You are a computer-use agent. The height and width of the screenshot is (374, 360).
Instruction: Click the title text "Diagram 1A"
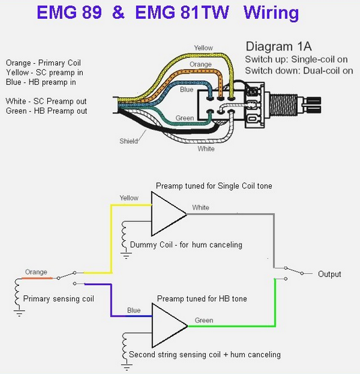(279, 46)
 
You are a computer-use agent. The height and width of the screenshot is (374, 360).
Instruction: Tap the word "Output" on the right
(329, 274)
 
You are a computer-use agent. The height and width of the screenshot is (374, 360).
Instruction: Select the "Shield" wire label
(129, 141)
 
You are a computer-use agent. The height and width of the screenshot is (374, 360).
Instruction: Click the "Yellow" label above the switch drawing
(203, 48)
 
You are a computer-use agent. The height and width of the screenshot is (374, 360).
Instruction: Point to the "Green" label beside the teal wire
(184, 118)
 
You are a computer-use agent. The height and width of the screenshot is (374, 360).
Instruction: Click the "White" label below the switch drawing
(206, 149)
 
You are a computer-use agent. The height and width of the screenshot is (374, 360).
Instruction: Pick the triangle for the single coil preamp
(169, 214)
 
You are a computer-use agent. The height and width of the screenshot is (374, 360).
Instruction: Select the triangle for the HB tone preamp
(169, 326)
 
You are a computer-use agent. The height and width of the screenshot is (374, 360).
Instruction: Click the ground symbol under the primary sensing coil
(19, 313)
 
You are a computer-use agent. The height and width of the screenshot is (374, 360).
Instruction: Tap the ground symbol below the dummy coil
(126, 256)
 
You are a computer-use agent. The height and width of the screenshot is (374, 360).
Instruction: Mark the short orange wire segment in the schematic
(37, 278)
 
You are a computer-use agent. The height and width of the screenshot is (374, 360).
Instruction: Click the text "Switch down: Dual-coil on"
(299, 71)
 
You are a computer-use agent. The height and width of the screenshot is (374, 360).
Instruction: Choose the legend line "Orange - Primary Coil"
(43, 63)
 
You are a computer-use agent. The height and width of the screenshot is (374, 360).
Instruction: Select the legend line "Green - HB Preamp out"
(46, 111)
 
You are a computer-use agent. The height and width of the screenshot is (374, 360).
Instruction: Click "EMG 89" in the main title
(69, 12)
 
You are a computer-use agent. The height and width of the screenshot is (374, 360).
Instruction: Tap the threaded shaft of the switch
(284, 105)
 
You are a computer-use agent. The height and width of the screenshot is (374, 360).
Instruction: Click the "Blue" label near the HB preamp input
(134, 310)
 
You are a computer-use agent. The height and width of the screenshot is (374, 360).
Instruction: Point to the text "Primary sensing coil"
(59, 299)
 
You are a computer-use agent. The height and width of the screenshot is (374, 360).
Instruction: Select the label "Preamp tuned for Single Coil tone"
(214, 186)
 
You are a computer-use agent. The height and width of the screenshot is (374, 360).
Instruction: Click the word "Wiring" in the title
(271, 13)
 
